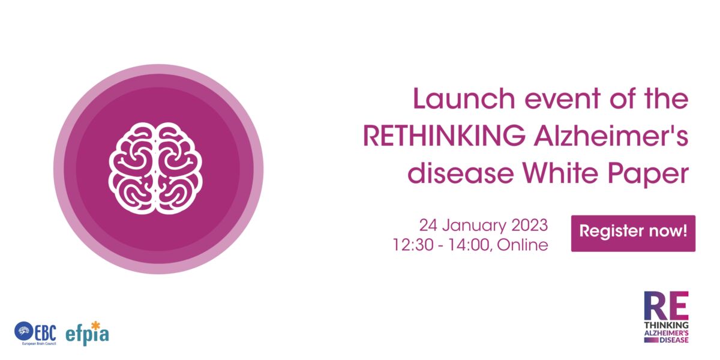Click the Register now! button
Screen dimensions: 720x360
tap(633, 233)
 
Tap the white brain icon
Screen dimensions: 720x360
tap(155, 169)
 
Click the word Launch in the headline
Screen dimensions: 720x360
tap(464, 98)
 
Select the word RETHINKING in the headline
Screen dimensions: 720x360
tap(444, 136)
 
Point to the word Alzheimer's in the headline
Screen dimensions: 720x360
tap(611, 136)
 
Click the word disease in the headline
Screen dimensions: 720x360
tap(461, 173)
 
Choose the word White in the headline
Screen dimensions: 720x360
tap(560, 173)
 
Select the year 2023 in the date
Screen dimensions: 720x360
tap(530, 225)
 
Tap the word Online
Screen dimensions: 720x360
tap(523, 245)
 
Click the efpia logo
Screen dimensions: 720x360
tap(87, 334)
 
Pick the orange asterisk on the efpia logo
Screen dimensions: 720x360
tap(95, 326)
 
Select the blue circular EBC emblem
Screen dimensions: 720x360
tap(23, 331)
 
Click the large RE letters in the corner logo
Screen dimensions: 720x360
tap(666, 305)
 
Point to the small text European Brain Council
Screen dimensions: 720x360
tap(39, 344)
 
